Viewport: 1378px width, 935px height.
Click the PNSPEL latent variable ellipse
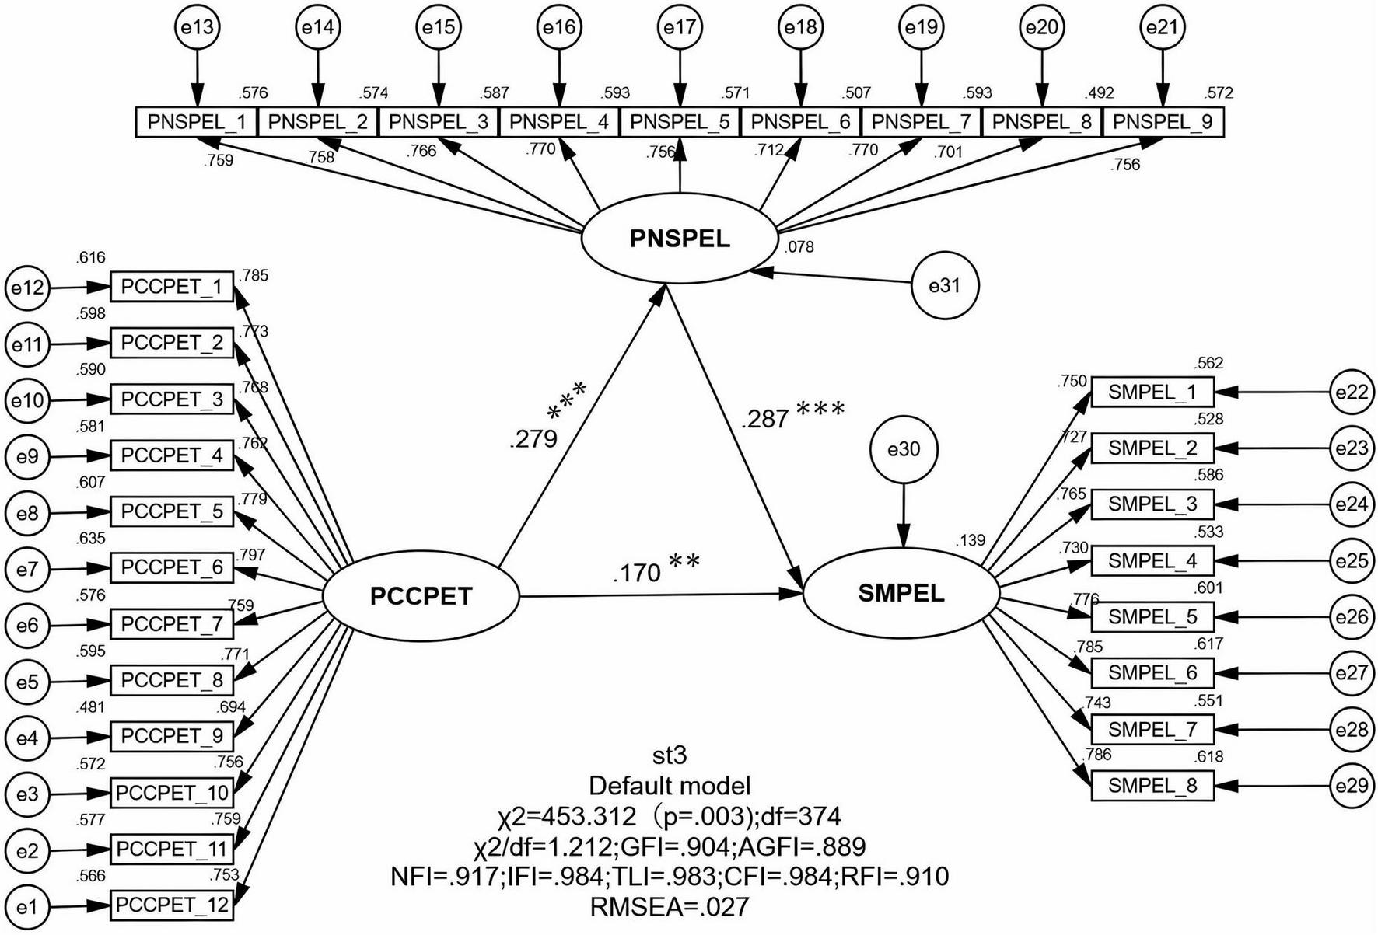[680, 239]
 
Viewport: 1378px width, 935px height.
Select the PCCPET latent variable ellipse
[421, 596]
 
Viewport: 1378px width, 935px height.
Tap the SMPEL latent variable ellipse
[901, 594]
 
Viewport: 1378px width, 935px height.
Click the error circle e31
[945, 286]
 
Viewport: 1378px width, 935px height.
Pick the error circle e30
[903, 449]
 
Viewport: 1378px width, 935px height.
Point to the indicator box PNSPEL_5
[680, 122]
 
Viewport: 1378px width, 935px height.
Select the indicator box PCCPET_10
[172, 793]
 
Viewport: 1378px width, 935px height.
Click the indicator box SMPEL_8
[1152, 786]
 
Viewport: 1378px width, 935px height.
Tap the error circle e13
[197, 27]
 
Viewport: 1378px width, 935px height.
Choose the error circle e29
[1352, 786]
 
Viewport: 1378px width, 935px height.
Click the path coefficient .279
[533, 439]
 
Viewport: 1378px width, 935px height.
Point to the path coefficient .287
[765, 420]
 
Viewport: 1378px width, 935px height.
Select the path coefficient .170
[636, 574]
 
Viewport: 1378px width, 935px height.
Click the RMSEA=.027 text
[669, 907]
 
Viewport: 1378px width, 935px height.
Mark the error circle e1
[26, 907]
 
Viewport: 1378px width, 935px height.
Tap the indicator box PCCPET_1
[172, 287]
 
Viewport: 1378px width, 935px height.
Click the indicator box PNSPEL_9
[1163, 122]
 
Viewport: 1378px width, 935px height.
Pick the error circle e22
[1352, 392]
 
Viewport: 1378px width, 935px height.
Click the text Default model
[669, 786]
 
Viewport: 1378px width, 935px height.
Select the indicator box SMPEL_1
[1152, 392]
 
